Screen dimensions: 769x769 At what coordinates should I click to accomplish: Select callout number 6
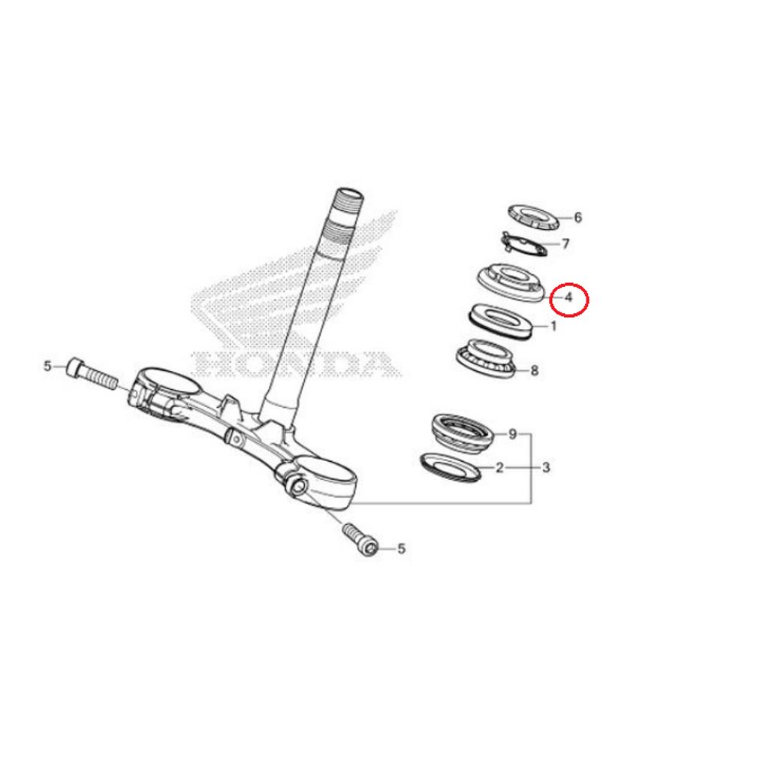click(578, 217)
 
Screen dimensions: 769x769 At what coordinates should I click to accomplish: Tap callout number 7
click(565, 243)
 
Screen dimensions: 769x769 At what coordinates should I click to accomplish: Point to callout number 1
click(553, 326)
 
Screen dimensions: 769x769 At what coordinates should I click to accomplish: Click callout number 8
click(535, 370)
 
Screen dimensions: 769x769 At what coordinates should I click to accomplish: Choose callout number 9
click(512, 434)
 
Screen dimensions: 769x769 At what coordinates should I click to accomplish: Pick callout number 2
click(499, 468)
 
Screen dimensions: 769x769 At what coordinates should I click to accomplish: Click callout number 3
click(546, 467)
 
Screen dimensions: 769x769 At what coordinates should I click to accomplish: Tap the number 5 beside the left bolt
click(47, 366)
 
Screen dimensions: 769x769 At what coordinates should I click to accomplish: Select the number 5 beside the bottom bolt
click(401, 548)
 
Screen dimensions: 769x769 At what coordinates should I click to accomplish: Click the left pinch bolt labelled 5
click(92, 374)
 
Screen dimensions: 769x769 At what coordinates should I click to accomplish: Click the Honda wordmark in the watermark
click(296, 363)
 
